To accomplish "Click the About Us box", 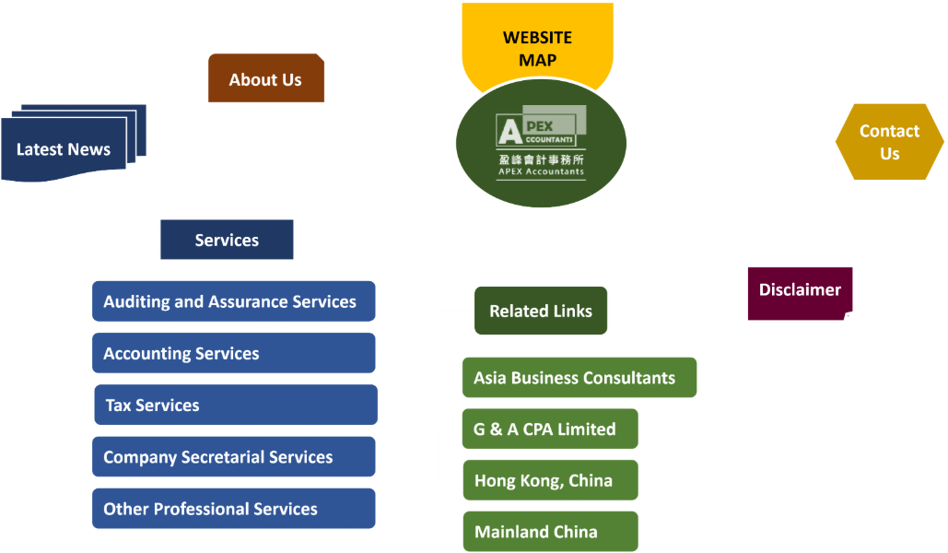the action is [266, 78].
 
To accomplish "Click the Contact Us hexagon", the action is [889, 142].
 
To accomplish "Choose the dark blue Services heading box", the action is [227, 240].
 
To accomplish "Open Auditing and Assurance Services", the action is [233, 301].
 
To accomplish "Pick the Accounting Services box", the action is [233, 353].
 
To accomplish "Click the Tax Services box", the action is [236, 405].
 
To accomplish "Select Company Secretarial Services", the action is [233, 457].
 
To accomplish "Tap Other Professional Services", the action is [233, 508].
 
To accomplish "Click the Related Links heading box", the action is [541, 311].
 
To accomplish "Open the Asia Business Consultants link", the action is [579, 378].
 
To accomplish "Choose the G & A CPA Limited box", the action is [550, 429].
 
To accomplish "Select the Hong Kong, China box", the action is [550, 480].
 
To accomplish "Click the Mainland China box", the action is [550, 532].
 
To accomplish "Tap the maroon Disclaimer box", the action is [800, 293].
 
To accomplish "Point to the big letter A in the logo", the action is [509, 131].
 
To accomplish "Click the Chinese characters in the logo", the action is [541, 159].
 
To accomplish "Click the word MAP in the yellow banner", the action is [537, 61].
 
